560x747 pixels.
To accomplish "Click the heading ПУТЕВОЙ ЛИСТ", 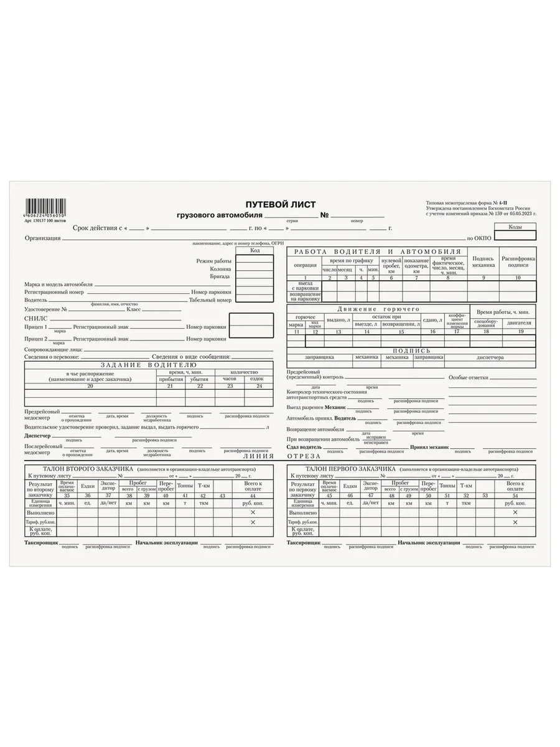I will tap(280, 205).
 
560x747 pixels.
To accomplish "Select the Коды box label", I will tap(515, 227).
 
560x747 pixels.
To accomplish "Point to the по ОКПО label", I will tap(479, 238).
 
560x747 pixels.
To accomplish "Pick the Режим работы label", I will tap(213, 261).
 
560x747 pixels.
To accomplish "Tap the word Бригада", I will tap(220, 276).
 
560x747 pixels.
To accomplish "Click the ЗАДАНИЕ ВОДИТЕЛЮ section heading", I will tap(149, 364).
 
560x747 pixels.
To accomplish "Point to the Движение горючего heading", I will tap(378, 309).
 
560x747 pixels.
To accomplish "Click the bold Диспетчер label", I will tap(37, 436).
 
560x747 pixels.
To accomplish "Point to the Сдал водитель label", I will tap(304, 447).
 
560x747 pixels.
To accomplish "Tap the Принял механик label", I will tap(429, 447).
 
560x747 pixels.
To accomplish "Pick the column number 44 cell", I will tap(253, 495).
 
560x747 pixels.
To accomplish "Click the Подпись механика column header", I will tap(483, 261).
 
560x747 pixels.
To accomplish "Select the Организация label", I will tap(42, 238).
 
